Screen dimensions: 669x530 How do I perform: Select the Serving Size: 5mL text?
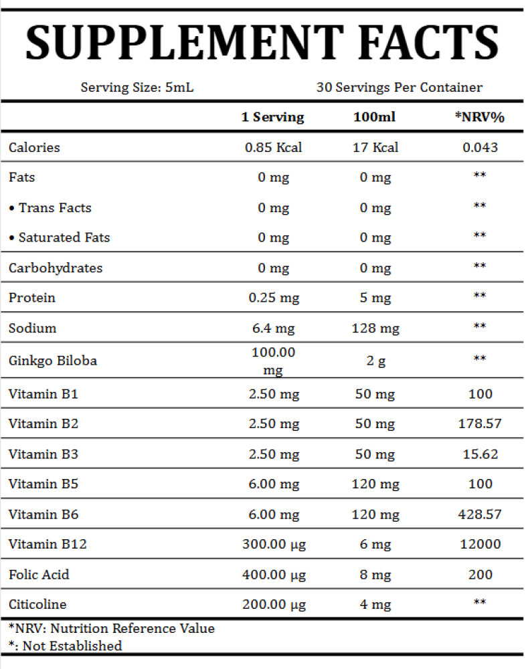(137, 88)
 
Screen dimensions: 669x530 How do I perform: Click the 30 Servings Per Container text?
(400, 88)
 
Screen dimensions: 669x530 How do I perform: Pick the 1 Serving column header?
(273, 117)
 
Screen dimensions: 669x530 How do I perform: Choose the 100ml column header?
(375, 117)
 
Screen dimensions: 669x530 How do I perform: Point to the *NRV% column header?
(479, 117)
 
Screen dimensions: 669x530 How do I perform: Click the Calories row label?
(34, 147)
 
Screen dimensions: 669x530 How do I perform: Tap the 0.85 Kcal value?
(273, 147)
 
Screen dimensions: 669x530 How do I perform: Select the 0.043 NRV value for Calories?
(480, 147)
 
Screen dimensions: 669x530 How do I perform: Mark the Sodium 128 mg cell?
(375, 328)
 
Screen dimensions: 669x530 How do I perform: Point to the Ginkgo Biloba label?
(53, 361)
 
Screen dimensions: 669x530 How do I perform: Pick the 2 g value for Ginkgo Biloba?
(375, 361)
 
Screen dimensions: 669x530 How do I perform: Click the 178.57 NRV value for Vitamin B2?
(480, 423)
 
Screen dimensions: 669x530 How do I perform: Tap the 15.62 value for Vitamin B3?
(480, 454)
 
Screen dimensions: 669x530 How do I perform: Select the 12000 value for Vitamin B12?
(480, 545)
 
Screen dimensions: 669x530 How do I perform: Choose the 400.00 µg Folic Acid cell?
(273, 575)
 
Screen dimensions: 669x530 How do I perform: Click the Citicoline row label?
(37, 605)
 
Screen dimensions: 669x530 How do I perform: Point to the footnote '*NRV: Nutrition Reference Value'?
(112, 629)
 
